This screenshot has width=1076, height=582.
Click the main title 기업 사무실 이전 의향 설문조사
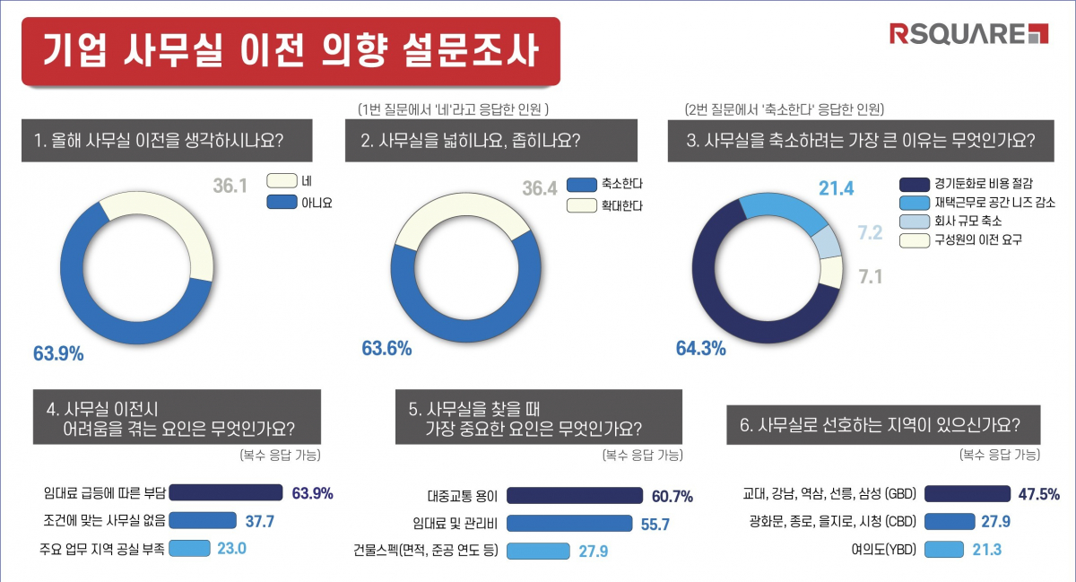coord(291,51)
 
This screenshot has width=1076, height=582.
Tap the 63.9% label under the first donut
coord(58,353)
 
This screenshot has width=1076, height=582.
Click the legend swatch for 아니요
coord(282,203)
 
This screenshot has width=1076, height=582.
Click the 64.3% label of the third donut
coord(700,349)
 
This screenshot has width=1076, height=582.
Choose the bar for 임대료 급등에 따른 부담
coord(225,492)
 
